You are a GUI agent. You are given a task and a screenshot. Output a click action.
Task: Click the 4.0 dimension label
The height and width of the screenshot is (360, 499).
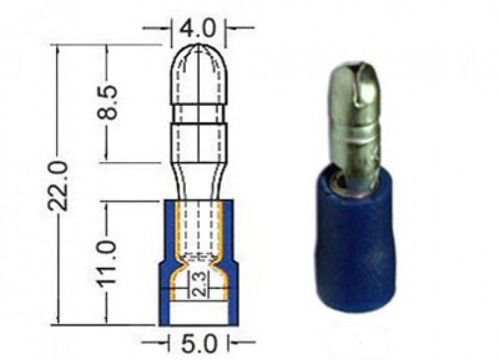pyautogui.click(x=198, y=29)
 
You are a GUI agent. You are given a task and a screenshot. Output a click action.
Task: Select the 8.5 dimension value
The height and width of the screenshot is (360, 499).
pyautogui.click(x=107, y=102)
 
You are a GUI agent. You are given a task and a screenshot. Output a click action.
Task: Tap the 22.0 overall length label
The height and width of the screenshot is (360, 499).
pyautogui.click(x=57, y=185)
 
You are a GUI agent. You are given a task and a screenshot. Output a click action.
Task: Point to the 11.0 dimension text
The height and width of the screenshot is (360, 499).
pyautogui.click(x=107, y=263)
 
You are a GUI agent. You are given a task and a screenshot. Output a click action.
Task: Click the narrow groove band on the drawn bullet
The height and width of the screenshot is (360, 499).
pyautogui.click(x=198, y=113)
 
